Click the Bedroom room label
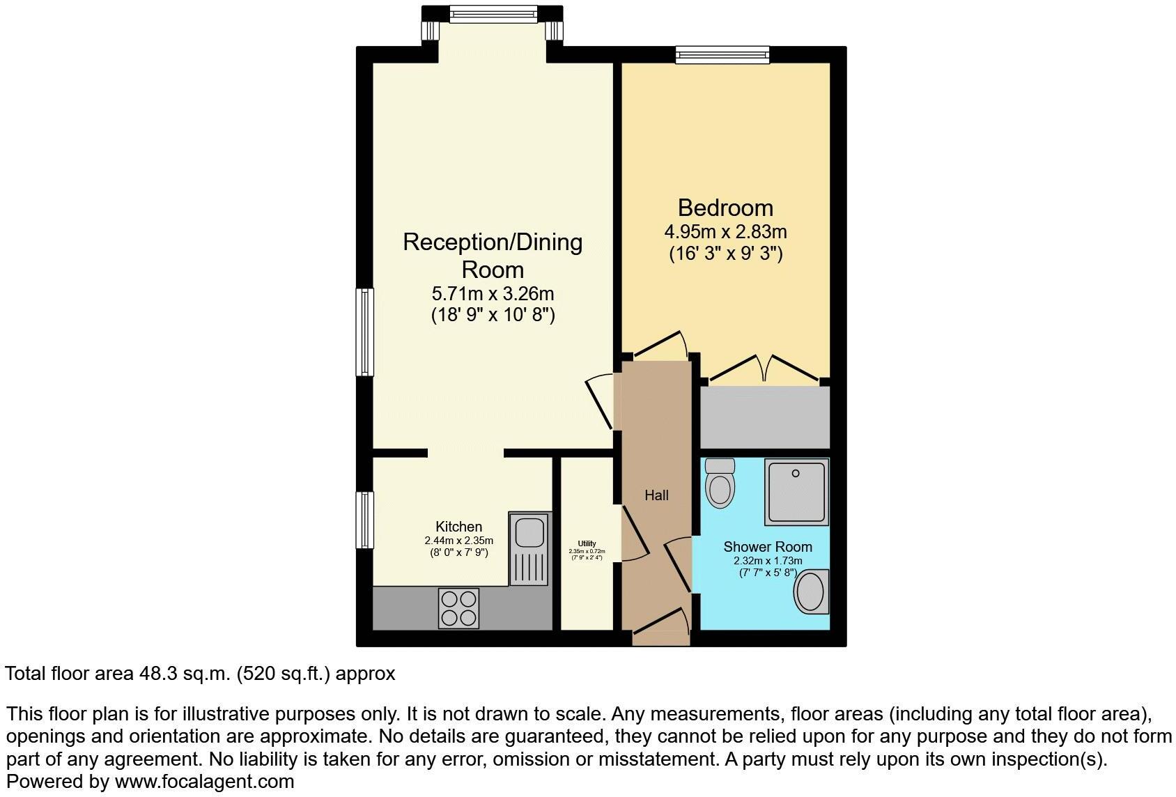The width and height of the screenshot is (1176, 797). [725, 208]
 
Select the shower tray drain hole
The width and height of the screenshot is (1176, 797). [796, 474]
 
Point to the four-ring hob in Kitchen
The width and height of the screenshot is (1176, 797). [459, 608]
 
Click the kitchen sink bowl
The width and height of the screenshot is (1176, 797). [529, 533]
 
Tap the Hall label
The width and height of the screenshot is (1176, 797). [656, 495]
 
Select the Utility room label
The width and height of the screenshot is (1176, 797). [587, 543]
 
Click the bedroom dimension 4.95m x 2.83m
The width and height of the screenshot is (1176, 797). [725, 231]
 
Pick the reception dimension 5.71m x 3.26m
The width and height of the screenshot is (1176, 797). [493, 293]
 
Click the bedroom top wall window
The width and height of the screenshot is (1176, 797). [722, 54]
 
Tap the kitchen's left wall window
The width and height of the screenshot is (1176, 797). [365, 520]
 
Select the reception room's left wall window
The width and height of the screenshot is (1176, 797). [365, 332]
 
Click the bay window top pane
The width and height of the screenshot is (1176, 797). [493, 13]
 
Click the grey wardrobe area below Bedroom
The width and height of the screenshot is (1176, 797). [765, 418]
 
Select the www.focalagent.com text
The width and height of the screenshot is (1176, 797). [204, 782]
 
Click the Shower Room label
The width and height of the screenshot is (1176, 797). [767, 547]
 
